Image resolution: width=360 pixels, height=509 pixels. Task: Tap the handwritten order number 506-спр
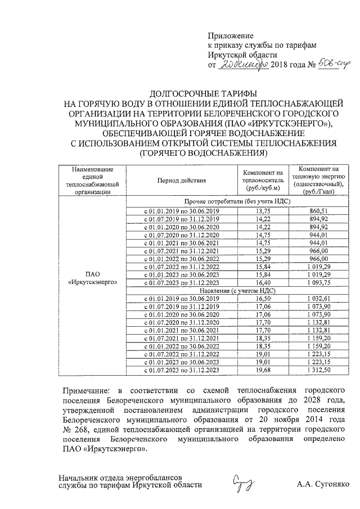pos(326,66)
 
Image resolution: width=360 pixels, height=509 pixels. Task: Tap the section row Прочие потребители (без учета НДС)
pos(237,201)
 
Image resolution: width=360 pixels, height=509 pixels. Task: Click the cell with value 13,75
pos(263,210)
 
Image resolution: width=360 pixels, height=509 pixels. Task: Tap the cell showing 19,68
pos(263,371)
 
